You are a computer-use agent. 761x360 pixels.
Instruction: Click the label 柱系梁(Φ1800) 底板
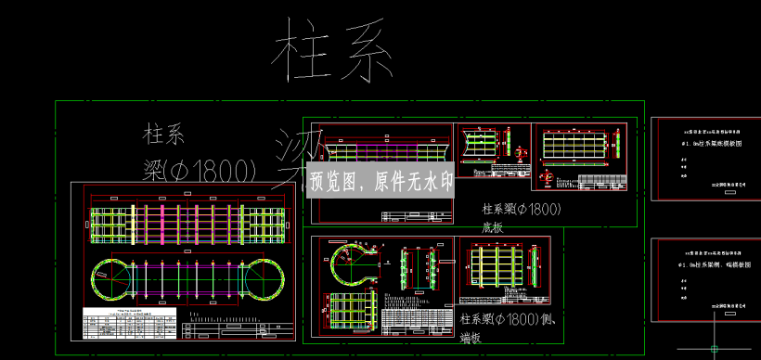tap(522, 216)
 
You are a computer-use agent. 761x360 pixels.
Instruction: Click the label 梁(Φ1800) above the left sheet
tap(200, 170)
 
